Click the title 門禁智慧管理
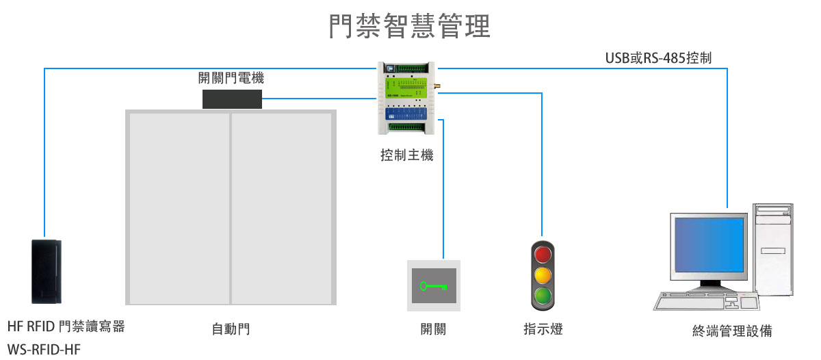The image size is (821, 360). [x=410, y=26]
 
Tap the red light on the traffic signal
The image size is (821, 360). [x=543, y=255]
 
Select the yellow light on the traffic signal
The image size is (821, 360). [x=543, y=276]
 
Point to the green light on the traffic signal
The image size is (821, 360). [x=543, y=296]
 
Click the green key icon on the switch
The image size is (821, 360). [x=432, y=285]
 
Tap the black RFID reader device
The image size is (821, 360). [x=47, y=271]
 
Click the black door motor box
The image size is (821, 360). [x=232, y=99]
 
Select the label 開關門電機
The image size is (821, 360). [x=231, y=79]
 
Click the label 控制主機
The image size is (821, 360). [x=406, y=156]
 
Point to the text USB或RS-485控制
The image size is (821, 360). [x=658, y=58]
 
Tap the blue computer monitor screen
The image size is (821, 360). [x=708, y=244]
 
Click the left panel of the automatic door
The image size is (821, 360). [x=179, y=208]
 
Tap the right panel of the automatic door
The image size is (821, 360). [x=281, y=208]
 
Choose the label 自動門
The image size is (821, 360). [x=231, y=330]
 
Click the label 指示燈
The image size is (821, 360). [x=543, y=329]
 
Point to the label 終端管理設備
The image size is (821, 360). [x=732, y=332]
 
